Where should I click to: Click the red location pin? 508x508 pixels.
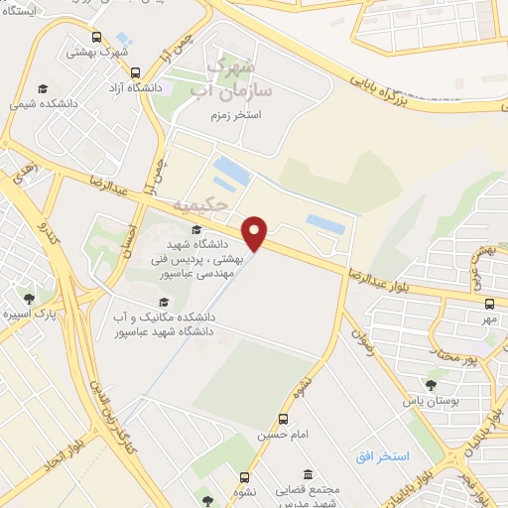click(256, 232)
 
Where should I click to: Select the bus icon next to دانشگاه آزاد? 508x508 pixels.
click(136, 71)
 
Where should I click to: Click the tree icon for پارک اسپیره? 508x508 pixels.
click(29, 297)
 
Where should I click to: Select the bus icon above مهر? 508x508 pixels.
click(488, 304)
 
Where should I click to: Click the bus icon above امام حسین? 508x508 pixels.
click(285, 419)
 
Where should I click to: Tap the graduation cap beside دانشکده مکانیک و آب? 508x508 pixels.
click(164, 302)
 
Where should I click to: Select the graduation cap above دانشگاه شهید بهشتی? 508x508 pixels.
click(195, 230)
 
